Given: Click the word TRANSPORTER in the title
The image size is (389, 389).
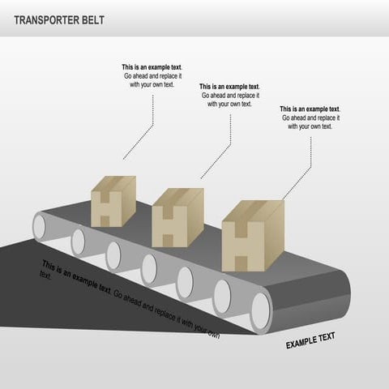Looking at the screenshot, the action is click(x=46, y=20).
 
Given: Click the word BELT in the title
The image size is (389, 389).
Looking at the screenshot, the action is click(x=93, y=20).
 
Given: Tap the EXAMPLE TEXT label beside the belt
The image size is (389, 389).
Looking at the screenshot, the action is click(x=310, y=340).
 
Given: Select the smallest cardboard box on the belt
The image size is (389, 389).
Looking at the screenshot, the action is click(x=113, y=202).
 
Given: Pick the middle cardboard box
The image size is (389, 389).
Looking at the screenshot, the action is click(x=177, y=217).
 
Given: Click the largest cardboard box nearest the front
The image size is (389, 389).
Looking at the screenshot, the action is click(x=253, y=236).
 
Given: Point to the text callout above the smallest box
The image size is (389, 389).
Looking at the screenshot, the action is click(x=152, y=76).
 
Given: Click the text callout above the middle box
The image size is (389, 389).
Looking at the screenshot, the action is click(x=229, y=96).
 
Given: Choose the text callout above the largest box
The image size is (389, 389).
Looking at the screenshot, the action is click(x=310, y=118).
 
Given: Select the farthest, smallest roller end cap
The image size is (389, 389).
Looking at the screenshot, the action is click(x=39, y=227).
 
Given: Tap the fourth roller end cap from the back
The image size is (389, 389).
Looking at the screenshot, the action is click(x=149, y=269).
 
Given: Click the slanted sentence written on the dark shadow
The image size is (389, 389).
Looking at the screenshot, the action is click(x=130, y=298).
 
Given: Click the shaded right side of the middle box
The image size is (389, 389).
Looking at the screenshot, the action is click(x=195, y=217).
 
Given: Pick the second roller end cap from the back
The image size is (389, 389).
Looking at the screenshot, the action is click(x=79, y=242).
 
